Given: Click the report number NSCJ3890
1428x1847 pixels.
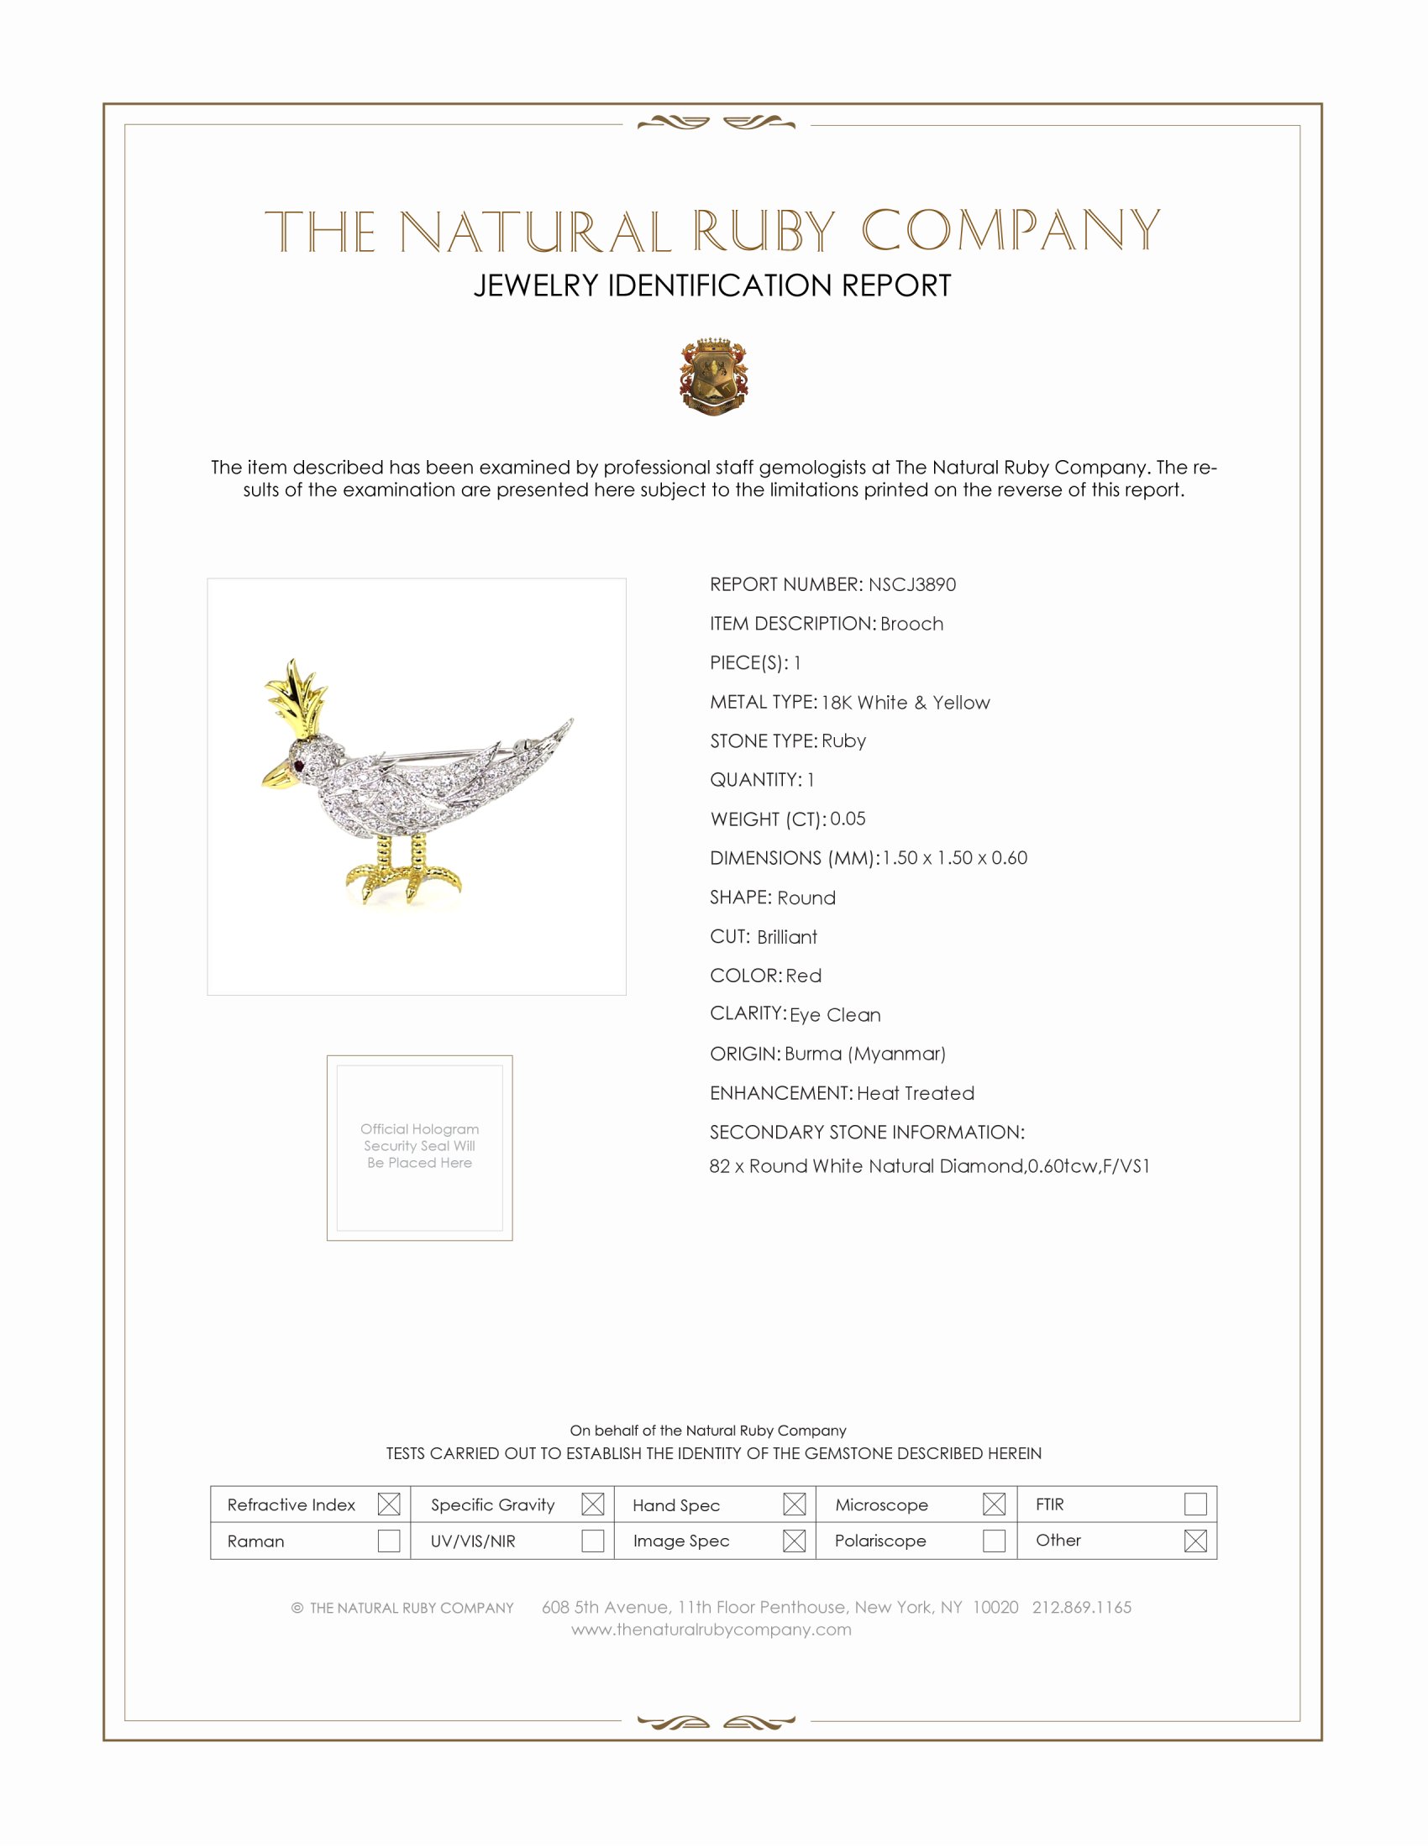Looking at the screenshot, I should coord(911,584).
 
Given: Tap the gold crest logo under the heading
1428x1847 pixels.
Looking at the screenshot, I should coord(713,377).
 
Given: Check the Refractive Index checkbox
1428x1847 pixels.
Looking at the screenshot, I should coord(388,1504).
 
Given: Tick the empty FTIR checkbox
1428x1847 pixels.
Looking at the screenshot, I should coord(1194,1504).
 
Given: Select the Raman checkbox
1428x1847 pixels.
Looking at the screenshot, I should coord(388,1540).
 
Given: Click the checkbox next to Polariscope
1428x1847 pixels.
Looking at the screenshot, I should coord(994,1540).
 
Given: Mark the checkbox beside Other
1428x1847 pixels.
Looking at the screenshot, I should coord(1194,1540).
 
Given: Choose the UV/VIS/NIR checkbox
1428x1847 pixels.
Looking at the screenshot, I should coord(592,1540).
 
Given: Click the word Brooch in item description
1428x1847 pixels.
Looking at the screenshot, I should coord(911,624).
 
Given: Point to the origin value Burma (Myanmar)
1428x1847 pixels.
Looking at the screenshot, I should coord(864,1054).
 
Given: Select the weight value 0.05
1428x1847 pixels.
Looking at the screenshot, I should coord(848,819).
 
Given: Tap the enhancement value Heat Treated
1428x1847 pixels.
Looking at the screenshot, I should coord(916,1093).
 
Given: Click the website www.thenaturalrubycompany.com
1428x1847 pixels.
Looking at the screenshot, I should coord(711,1630).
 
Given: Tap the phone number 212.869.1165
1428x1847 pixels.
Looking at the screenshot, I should coord(1081,1607).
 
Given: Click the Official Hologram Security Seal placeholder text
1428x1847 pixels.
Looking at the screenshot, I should coord(420,1146).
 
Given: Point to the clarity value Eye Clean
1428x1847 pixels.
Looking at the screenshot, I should coord(835,1015).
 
